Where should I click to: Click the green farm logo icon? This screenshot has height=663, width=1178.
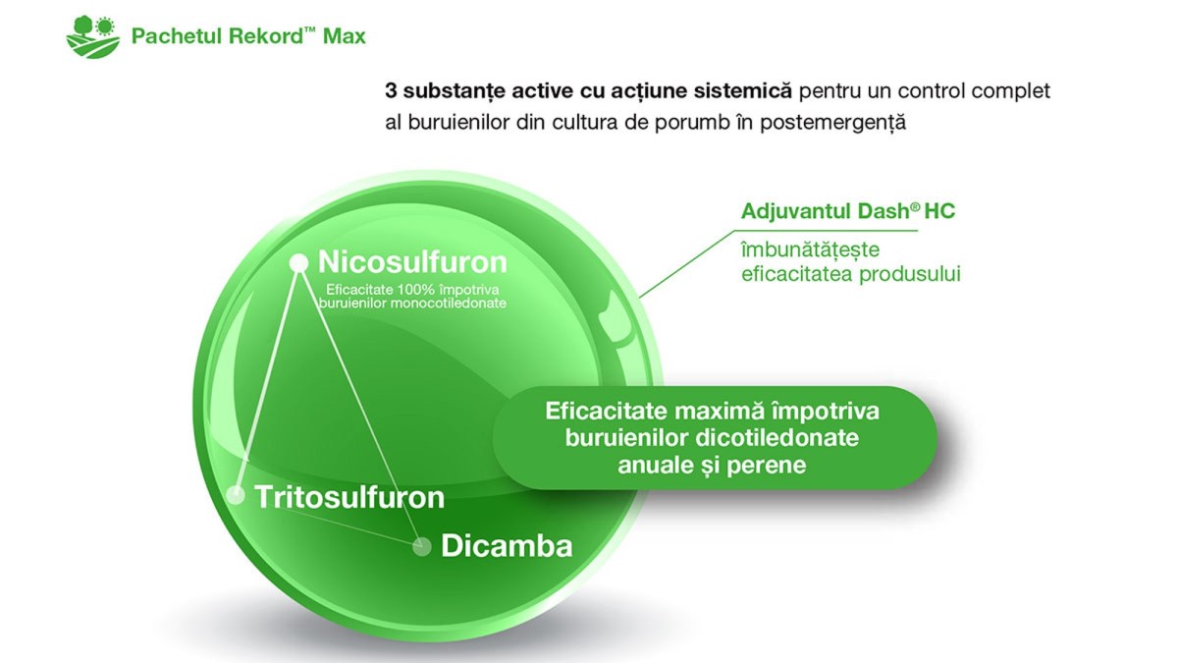93,37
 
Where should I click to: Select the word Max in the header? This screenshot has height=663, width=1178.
345,36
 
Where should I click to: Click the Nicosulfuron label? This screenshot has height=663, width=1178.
413,261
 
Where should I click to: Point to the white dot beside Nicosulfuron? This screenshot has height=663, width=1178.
298,262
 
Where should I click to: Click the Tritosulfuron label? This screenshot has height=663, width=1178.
349,497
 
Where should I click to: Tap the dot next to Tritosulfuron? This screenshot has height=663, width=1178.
236,495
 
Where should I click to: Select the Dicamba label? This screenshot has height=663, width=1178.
507,545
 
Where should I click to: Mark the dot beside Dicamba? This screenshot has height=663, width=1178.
421,546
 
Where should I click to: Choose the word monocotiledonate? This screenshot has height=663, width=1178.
449,304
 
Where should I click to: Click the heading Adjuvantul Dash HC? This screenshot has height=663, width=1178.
848,211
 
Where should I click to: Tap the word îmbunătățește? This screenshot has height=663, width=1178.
811,249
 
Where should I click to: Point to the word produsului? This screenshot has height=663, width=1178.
910,274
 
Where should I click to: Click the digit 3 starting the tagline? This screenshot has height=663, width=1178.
391,91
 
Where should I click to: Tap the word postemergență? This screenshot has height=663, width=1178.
833,123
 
